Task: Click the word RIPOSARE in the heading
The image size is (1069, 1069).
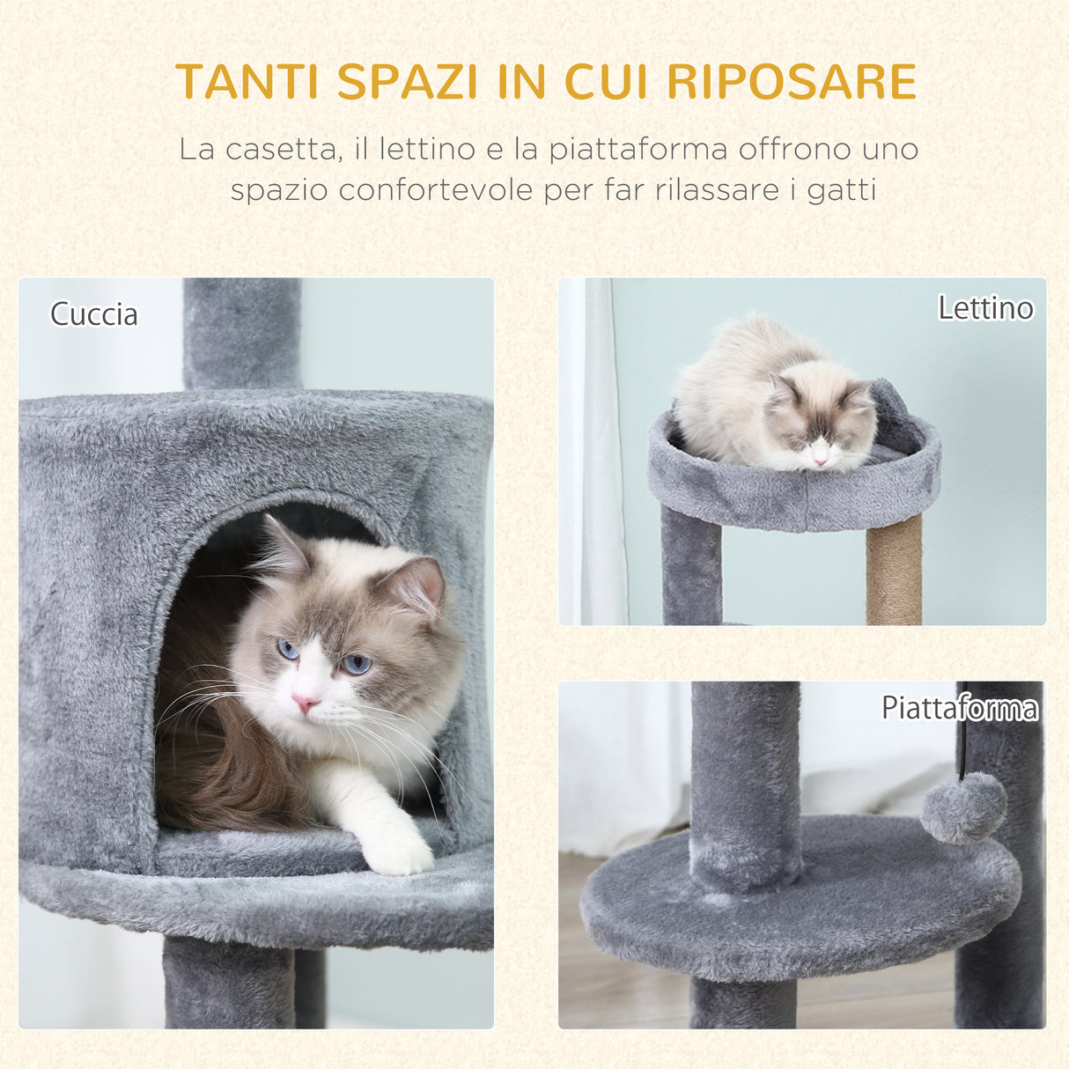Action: (791, 82)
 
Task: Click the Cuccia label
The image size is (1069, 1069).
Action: (94, 314)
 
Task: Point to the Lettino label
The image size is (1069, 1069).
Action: (984, 308)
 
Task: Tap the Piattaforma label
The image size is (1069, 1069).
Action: (960, 708)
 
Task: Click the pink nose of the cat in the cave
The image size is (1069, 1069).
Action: (305, 703)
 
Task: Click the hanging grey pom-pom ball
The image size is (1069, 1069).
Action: (963, 807)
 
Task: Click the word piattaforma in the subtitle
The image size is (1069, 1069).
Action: (638, 149)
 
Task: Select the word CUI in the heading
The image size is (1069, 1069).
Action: (606, 82)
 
